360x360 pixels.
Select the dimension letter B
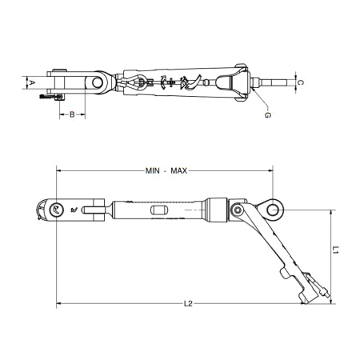pyautogui.click(x=72, y=115)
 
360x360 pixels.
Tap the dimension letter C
pyautogui.click(x=299, y=82)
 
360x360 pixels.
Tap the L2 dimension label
pyautogui.click(x=188, y=303)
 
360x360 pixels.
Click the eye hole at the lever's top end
pyautogui.click(x=274, y=210)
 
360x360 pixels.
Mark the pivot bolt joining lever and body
pyautogui.click(x=238, y=210)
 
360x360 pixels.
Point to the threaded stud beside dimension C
pyautogui.click(x=276, y=82)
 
